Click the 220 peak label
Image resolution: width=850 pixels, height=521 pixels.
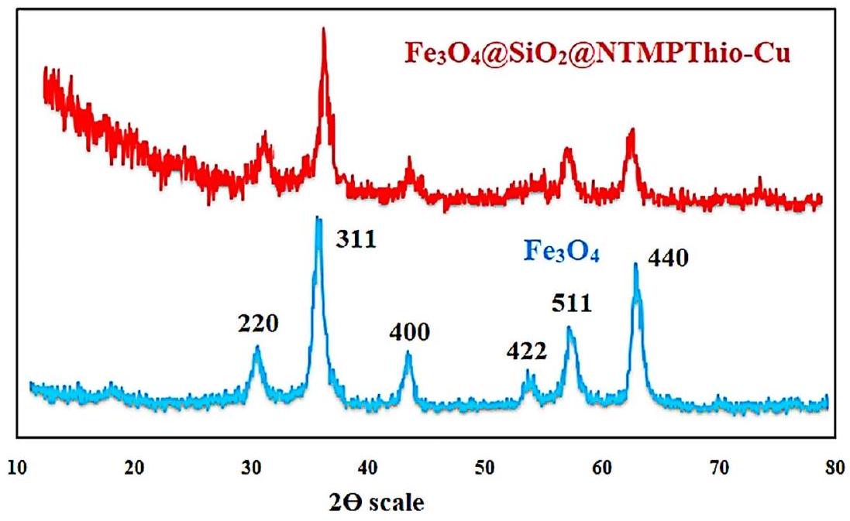click(x=257, y=323)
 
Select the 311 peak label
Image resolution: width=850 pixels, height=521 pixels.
click(x=356, y=239)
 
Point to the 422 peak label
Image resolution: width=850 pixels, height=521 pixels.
click(x=527, y=353)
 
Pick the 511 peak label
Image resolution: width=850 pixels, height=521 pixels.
click(x=573, y=303)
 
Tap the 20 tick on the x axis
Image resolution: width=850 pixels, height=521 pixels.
click(x=135, y=468)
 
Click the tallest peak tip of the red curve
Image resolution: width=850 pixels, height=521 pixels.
click(x=323, y=29)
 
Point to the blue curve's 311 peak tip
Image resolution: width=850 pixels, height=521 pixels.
click(x=318, y=218)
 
